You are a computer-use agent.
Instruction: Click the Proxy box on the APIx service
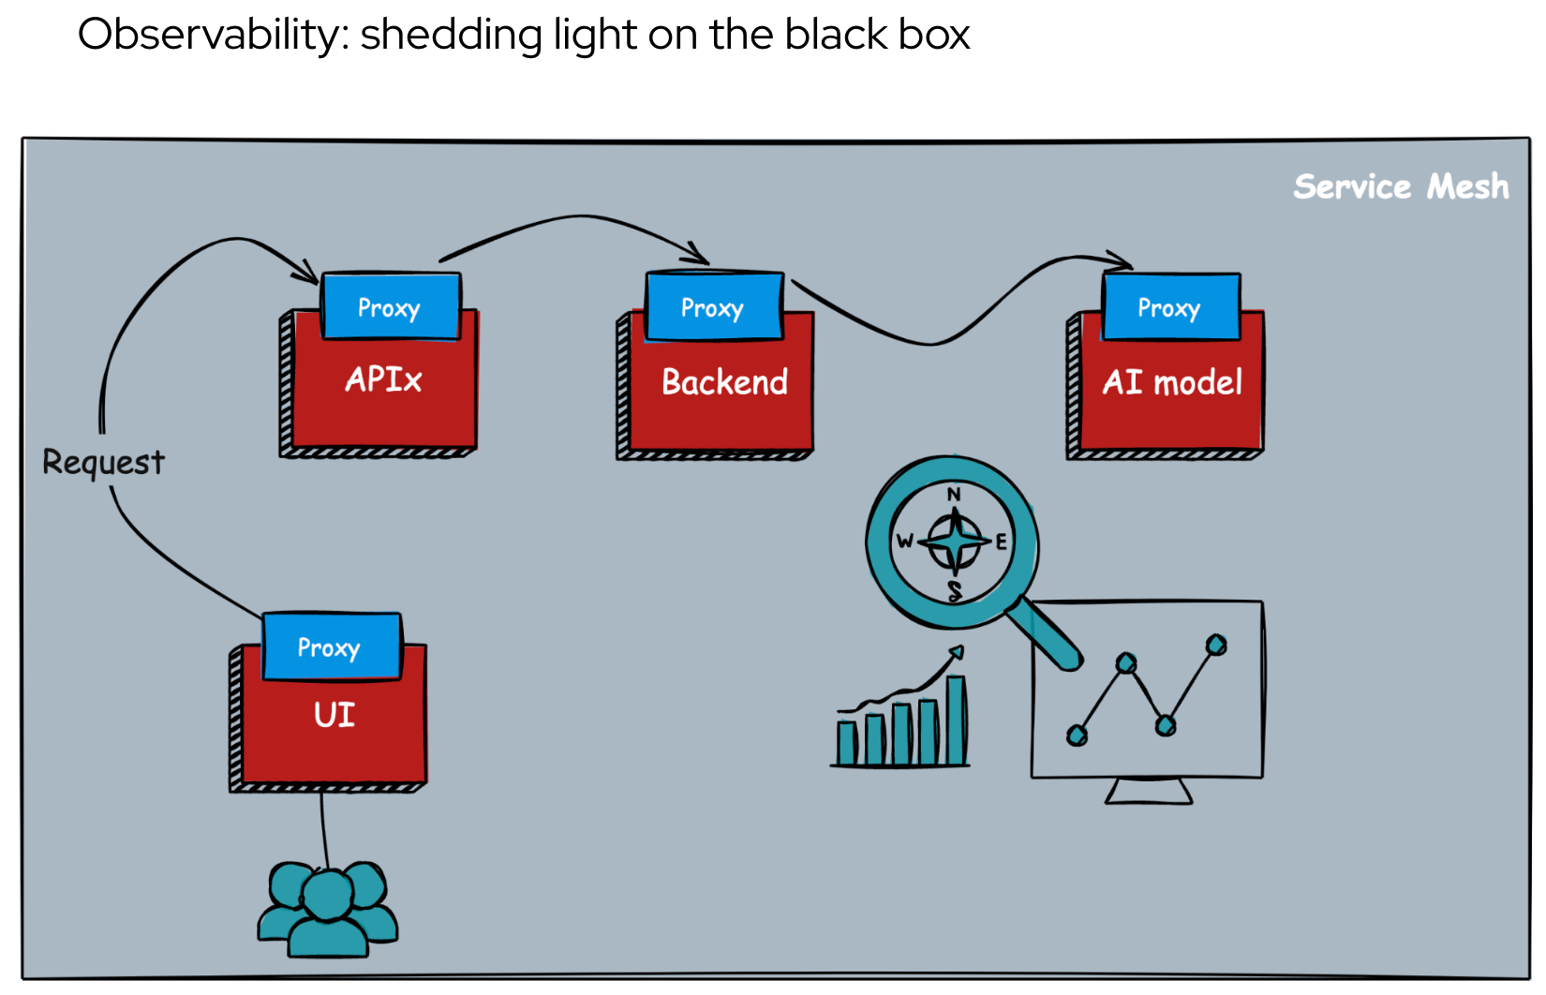pos(390,306)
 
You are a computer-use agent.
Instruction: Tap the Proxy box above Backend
pos(713,306)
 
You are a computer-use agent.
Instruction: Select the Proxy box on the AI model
pos(1170,306)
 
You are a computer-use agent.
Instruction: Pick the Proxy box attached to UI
pos(331,646)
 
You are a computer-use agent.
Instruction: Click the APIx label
pos(383,379)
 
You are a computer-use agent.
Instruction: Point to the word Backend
pos(724,382)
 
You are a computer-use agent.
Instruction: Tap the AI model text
pos(1172,382)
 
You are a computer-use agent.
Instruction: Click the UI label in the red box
pos(334,715)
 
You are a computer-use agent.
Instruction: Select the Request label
pos(103,462)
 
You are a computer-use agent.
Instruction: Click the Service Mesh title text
pos(1401,186)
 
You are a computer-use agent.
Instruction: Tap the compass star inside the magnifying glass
pos(955,542)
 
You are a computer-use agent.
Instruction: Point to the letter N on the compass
pos(954,495)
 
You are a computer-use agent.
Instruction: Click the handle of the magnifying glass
pos(1048,634)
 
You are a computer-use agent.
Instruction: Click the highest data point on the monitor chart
pos(1216,645)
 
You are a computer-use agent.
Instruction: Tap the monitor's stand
pos(1149,792)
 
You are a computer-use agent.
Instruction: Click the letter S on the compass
pos(955,590)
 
